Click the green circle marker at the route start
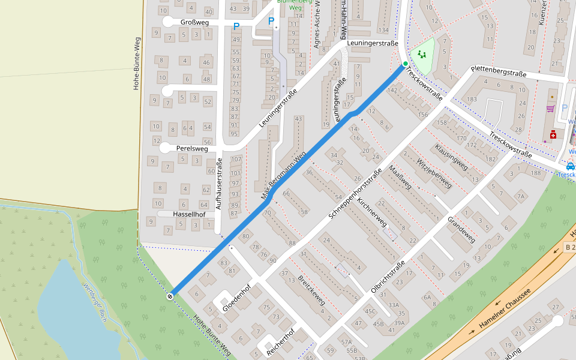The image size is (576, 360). [x=406, y=64]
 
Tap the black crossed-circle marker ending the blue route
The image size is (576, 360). [x=171, y=295]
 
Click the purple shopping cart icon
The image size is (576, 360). [x=550, y=109]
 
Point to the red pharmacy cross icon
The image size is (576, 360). [x=552, y=135]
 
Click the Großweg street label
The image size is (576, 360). [x=194, y=22]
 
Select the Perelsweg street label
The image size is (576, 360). [x=192, y=148]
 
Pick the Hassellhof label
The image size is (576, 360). [x=189, y=214]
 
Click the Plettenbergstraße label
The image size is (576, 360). [x=499, y=71]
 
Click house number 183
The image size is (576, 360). [x=472, y=99]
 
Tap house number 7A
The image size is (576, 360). [x=521, y=196]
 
